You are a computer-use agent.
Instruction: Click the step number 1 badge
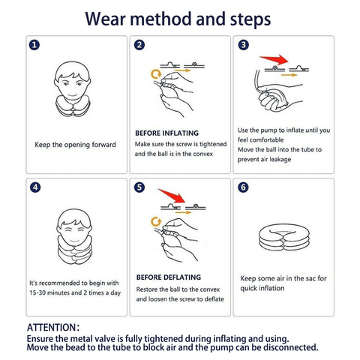34,45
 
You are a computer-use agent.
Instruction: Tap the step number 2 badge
139,45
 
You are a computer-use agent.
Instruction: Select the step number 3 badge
244,45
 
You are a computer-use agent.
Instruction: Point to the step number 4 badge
35,187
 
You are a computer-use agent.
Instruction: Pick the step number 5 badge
139,187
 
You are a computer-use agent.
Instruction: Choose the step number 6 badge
243,187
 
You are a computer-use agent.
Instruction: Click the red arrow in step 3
276,60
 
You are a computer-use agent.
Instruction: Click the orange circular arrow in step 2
156,74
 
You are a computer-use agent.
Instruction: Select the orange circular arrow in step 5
156,222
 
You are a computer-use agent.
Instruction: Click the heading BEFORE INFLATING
166,133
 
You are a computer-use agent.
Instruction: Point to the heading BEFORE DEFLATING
169,277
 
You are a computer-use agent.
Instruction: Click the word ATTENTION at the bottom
51,328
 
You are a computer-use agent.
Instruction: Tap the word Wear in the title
105,19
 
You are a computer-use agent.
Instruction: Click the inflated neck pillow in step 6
284,237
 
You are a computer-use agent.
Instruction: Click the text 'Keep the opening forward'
75,145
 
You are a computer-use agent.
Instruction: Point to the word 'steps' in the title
250,19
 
